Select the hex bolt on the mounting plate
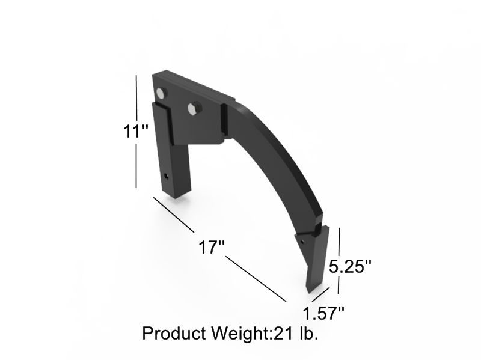pyautogui.click(x=193, y=108)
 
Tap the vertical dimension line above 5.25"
pyautogui.click(x=340, y=240)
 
